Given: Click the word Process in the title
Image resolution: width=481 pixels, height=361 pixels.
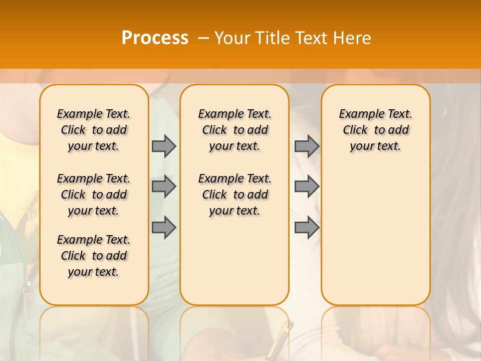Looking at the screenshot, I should click(x=155, y=38).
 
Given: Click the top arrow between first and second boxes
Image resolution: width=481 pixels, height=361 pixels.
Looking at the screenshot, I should click(x=164, y=146).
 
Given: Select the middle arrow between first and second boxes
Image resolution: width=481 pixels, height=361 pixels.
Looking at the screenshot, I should click(x=164, y=187).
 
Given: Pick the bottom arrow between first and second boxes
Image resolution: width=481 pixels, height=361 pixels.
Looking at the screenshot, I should click(x=164, y=228).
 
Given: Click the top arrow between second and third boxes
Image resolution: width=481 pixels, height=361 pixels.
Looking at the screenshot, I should click(x=307, y=146).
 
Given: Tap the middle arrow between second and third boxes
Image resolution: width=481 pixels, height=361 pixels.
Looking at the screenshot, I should click(x=307, y=187).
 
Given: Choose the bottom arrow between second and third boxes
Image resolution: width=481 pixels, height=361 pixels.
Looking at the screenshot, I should click(x=307, y=228).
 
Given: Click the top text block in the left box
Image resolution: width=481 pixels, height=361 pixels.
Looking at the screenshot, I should click(x=94, y=130).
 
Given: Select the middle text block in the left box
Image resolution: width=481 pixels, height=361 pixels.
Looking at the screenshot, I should click(x=94, y=195).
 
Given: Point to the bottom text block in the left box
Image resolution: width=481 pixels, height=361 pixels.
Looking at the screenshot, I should click(x=94, y=256).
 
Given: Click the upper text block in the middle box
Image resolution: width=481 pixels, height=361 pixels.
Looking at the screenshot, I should click(x=234, y=130).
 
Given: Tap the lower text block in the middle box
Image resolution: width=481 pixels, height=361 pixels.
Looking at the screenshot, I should click(x=234, y=195).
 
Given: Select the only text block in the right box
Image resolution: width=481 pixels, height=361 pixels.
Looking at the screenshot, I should click(x=375, y=130).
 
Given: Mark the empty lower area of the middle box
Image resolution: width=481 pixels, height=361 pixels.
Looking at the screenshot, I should click(x=234, y=261).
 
